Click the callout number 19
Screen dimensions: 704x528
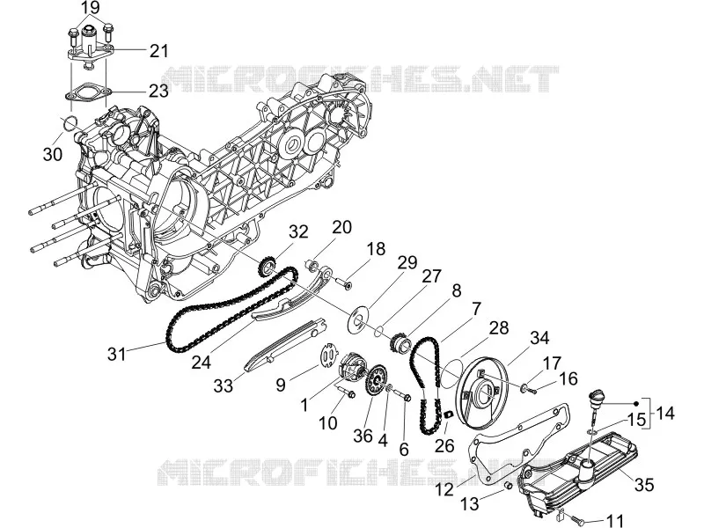[x=91, y=7]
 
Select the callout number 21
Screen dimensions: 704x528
[x=159, y=51]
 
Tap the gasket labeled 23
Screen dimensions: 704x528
[x=87, y=93]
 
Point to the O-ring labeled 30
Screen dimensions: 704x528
[x=70, y=123]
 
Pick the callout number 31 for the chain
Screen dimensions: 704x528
[x=117, y=355]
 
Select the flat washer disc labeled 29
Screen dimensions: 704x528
[x=358, y=319]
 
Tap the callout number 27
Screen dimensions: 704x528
[x=431, y=275]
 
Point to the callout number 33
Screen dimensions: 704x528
[x=224, y=385]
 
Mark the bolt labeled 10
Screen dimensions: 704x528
[x=345, y=392]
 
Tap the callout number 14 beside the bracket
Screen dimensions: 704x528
[x=665, y=413]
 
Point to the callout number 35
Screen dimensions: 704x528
[x=644, y=486]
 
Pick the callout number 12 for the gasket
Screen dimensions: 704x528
[x=444, y=489]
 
